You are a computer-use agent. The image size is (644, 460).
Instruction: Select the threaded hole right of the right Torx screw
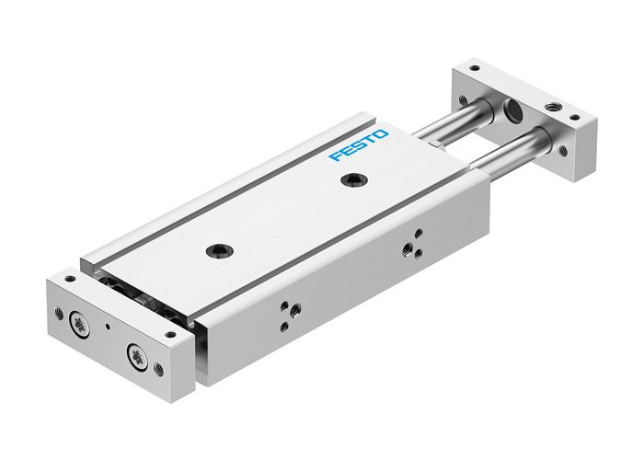point(163,370)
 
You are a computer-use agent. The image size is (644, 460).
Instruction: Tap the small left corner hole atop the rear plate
point(474,67)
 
